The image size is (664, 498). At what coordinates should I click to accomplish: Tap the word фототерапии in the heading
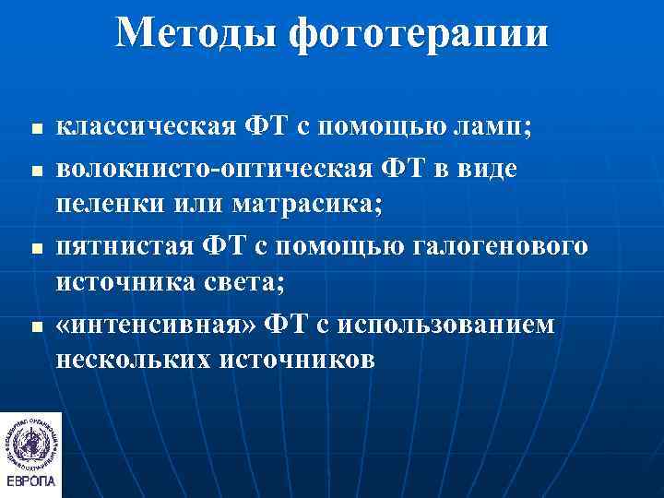[x=419, y=34]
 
